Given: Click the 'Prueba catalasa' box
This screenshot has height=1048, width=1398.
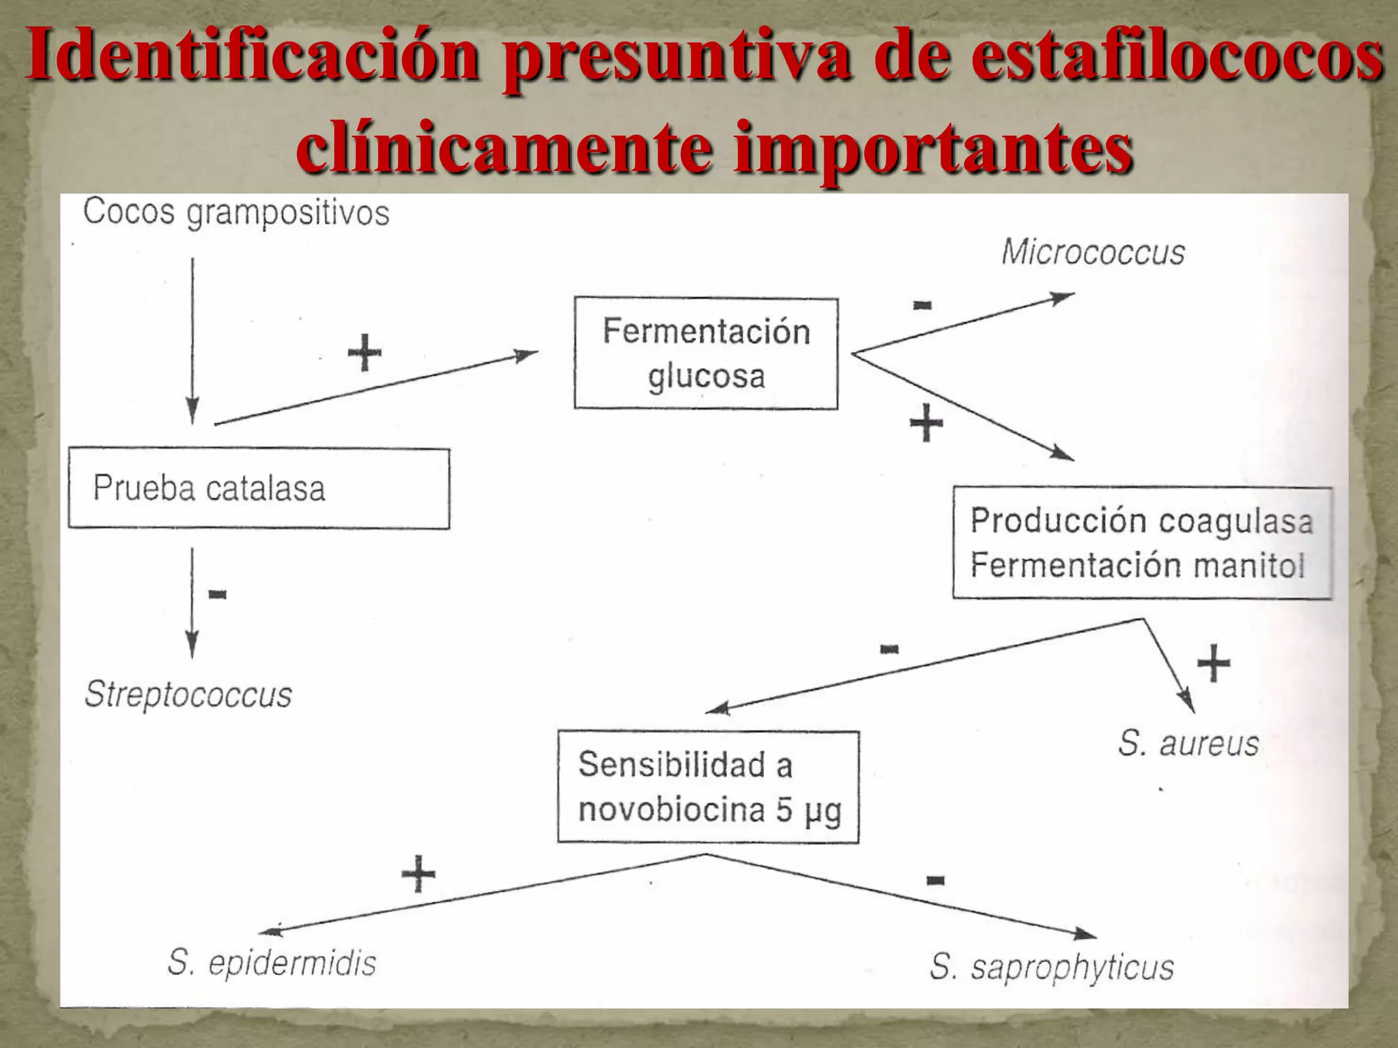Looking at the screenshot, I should (x=259, y=488).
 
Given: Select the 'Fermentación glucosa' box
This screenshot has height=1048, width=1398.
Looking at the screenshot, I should (x=706, y=353).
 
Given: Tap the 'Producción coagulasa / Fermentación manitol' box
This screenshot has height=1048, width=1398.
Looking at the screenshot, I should (x=1141, y=543).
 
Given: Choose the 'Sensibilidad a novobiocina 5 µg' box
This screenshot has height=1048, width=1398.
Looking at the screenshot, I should (x=708, y=787).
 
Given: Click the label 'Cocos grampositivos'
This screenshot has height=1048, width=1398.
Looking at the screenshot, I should (x=236, y=212).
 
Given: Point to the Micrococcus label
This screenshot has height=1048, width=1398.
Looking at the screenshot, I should (x=1093, y=252).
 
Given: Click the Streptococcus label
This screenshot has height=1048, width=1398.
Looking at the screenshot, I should (x=188, y=695).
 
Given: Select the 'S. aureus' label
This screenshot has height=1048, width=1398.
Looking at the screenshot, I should (x=1188, y=743).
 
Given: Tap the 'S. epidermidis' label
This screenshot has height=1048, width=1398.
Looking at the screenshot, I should (x=272, y=963).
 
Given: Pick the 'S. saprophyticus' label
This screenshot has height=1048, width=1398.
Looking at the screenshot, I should (x=1051, y=967).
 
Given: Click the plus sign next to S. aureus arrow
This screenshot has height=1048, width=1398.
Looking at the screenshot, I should (x=1214, y=663).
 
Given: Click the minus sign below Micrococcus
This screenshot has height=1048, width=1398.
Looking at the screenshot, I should (x=922, y=305).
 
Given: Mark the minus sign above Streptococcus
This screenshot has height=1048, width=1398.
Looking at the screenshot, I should (x=217, y=594).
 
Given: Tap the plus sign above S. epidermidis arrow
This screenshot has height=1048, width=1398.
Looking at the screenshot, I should (x=418, y=873).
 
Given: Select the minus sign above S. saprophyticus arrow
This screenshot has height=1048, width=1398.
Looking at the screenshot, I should (x=935, y=880).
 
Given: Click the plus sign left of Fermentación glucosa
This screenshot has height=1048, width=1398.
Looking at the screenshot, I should (x=365, y=353).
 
